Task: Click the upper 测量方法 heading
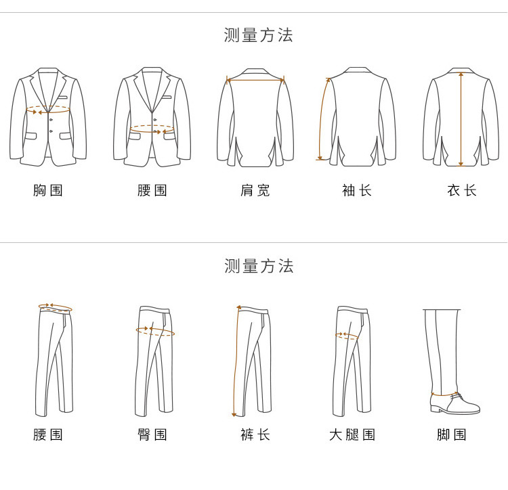tap(258, 35)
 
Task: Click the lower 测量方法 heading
tap(258, 266)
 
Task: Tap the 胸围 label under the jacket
tap(48, 190)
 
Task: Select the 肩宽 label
tap(255, 190)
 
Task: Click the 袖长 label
tap(357, 190)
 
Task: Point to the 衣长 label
tap(461, 190)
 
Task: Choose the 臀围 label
tap(152, 434)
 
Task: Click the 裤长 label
tap(255, 434)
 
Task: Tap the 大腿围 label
tap(352, 434)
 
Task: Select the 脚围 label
tap(452, 434)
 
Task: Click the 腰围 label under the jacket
tap(152, 190)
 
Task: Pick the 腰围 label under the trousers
tap(48, 434)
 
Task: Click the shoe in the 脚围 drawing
tap(455, 404)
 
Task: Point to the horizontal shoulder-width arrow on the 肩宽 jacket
tap(255, 81)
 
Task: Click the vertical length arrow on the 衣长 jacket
tap(461, 118)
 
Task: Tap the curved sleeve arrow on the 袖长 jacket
tap(321, 118)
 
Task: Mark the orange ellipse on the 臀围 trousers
tap(155, 332)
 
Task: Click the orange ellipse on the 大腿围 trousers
tap(348, 335)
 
